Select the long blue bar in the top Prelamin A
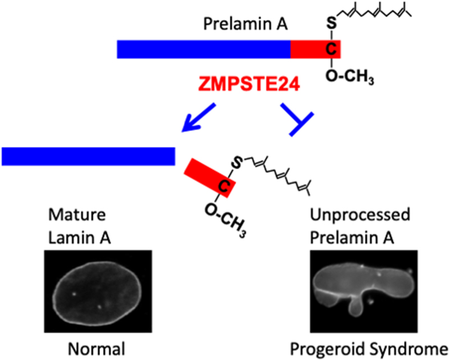coord(203,49)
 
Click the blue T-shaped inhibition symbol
coord(296,120)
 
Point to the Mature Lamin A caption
coord(79,226)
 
